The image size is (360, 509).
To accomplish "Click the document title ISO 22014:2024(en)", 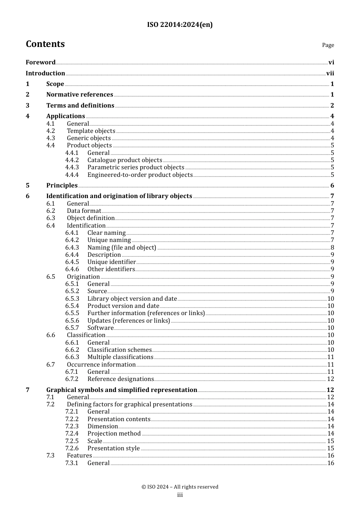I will tap(180, 25).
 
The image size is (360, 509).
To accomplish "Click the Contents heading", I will tap(45, 44).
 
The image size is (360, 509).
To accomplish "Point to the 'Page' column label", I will tap(328, 45).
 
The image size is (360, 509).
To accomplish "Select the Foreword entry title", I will tap(41, 62).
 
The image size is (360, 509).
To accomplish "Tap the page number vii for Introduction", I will tap(330, 73).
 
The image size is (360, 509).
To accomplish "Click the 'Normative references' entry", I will tap(80, 95).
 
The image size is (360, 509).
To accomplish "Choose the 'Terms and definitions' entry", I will tap(80, 106).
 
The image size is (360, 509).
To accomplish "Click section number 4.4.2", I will tap(72, 160).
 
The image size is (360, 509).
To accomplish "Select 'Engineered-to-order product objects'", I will tap(140, 175).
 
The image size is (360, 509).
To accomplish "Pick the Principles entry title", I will tap(62, 186).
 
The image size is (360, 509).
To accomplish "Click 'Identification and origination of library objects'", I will tap(119, 196).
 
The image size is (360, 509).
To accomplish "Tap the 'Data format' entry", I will tap(84, 211).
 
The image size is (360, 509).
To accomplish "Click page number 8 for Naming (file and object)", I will tap(332, 248).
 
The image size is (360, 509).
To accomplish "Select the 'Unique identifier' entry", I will tap(111, 262).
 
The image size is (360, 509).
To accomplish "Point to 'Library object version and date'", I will tap(132, 299).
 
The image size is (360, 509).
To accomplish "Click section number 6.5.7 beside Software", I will tap(72, 328).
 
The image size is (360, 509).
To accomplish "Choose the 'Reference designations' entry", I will tap(121, 379).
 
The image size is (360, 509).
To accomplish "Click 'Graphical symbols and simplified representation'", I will tap(122, 390).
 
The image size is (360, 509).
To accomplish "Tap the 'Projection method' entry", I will tap(114, 434).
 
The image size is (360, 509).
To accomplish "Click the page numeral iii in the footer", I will tap(180, 495).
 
